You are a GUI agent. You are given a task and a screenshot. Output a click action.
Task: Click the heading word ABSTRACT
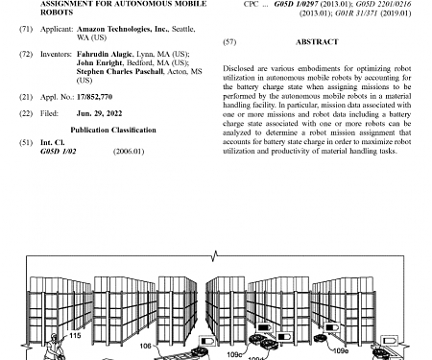point(317,42)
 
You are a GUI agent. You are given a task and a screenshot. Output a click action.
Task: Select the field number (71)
point(25,30)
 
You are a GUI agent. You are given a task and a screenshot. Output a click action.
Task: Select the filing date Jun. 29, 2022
point(98,114)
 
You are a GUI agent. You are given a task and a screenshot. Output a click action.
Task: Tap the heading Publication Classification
point(111,129)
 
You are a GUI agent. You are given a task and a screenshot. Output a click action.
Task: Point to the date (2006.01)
point(129,151)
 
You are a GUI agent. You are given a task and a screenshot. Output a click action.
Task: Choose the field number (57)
point(228,42)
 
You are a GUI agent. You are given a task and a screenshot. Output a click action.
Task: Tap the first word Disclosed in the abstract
point(239,70)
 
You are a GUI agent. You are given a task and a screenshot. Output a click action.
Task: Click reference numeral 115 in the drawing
point(75,335)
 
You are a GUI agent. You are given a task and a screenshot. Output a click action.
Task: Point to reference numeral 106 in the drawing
point(145,345)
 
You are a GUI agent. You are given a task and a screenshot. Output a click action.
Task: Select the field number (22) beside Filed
point(25,114)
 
